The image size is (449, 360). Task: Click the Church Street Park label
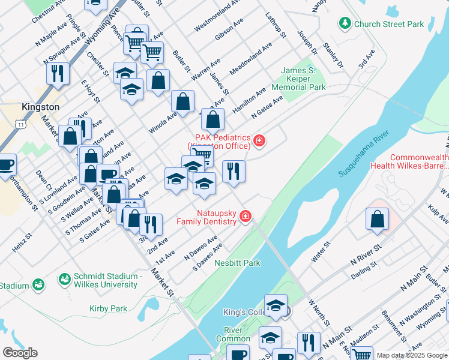389,24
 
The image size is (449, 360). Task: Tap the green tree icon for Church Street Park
345,23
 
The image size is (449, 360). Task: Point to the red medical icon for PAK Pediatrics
259,141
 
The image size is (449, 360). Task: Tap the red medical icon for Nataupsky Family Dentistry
245,217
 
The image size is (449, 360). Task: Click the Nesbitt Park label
238,263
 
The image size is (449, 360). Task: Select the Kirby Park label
108,308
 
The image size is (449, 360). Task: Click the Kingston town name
40,107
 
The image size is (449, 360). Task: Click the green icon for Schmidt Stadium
64,279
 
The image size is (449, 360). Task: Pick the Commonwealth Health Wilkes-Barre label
419,162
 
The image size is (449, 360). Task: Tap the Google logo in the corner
20,353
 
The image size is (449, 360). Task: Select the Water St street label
321,253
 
